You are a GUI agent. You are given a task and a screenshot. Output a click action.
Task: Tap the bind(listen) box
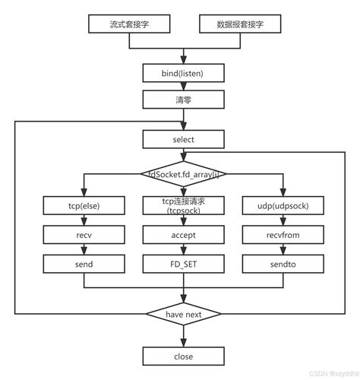click(183, 72)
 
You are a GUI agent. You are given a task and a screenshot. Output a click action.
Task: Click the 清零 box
click(183, 100)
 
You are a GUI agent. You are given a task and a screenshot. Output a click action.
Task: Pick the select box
click(183, 139)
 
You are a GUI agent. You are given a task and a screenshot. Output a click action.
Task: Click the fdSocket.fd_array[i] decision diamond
click(183, 173)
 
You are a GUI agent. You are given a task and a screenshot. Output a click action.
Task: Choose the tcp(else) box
click(83, 206)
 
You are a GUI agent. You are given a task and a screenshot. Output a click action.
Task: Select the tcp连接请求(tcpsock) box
click(183, 206)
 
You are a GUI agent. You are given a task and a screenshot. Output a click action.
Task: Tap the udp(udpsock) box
click(283, 206)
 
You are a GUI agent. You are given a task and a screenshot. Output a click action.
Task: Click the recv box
click(83, 235)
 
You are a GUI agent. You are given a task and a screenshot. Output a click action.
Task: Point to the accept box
click(183, 235)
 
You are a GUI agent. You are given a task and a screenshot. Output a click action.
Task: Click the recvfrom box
click(283, 235)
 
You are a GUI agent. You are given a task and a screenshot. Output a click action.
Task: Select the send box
click(83, 264)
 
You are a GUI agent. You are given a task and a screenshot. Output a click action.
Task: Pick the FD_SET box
click(183, 264)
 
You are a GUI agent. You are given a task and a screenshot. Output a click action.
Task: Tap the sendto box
click(283, 264)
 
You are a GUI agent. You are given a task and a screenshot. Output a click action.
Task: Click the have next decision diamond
click(183, 314)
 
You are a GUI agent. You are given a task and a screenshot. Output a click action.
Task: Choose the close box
click(183, 356)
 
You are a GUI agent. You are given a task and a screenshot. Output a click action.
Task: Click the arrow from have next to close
click(183, 336)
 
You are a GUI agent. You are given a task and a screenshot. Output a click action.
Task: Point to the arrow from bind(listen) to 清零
click(183, 86)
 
